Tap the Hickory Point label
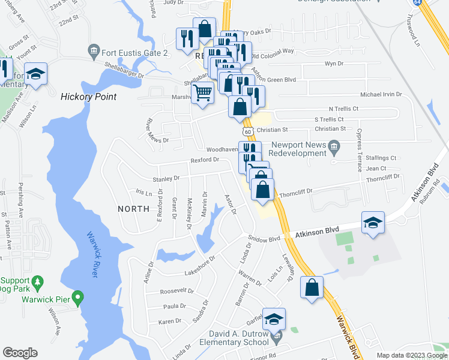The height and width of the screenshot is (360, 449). click(x=88, y=96)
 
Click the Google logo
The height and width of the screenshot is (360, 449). click(x=20, y=353)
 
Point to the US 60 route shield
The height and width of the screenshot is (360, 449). click(x=247, y=131)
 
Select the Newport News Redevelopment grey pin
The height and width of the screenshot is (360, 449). click(x=335, y=146)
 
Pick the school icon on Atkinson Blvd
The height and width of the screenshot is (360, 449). click(x=373, y=223)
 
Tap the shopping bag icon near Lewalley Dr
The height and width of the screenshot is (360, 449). click(x=312, y=286)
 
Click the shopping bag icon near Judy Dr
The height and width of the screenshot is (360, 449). click(x=205, y=28)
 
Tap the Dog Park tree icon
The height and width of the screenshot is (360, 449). click(x=37, y=281)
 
